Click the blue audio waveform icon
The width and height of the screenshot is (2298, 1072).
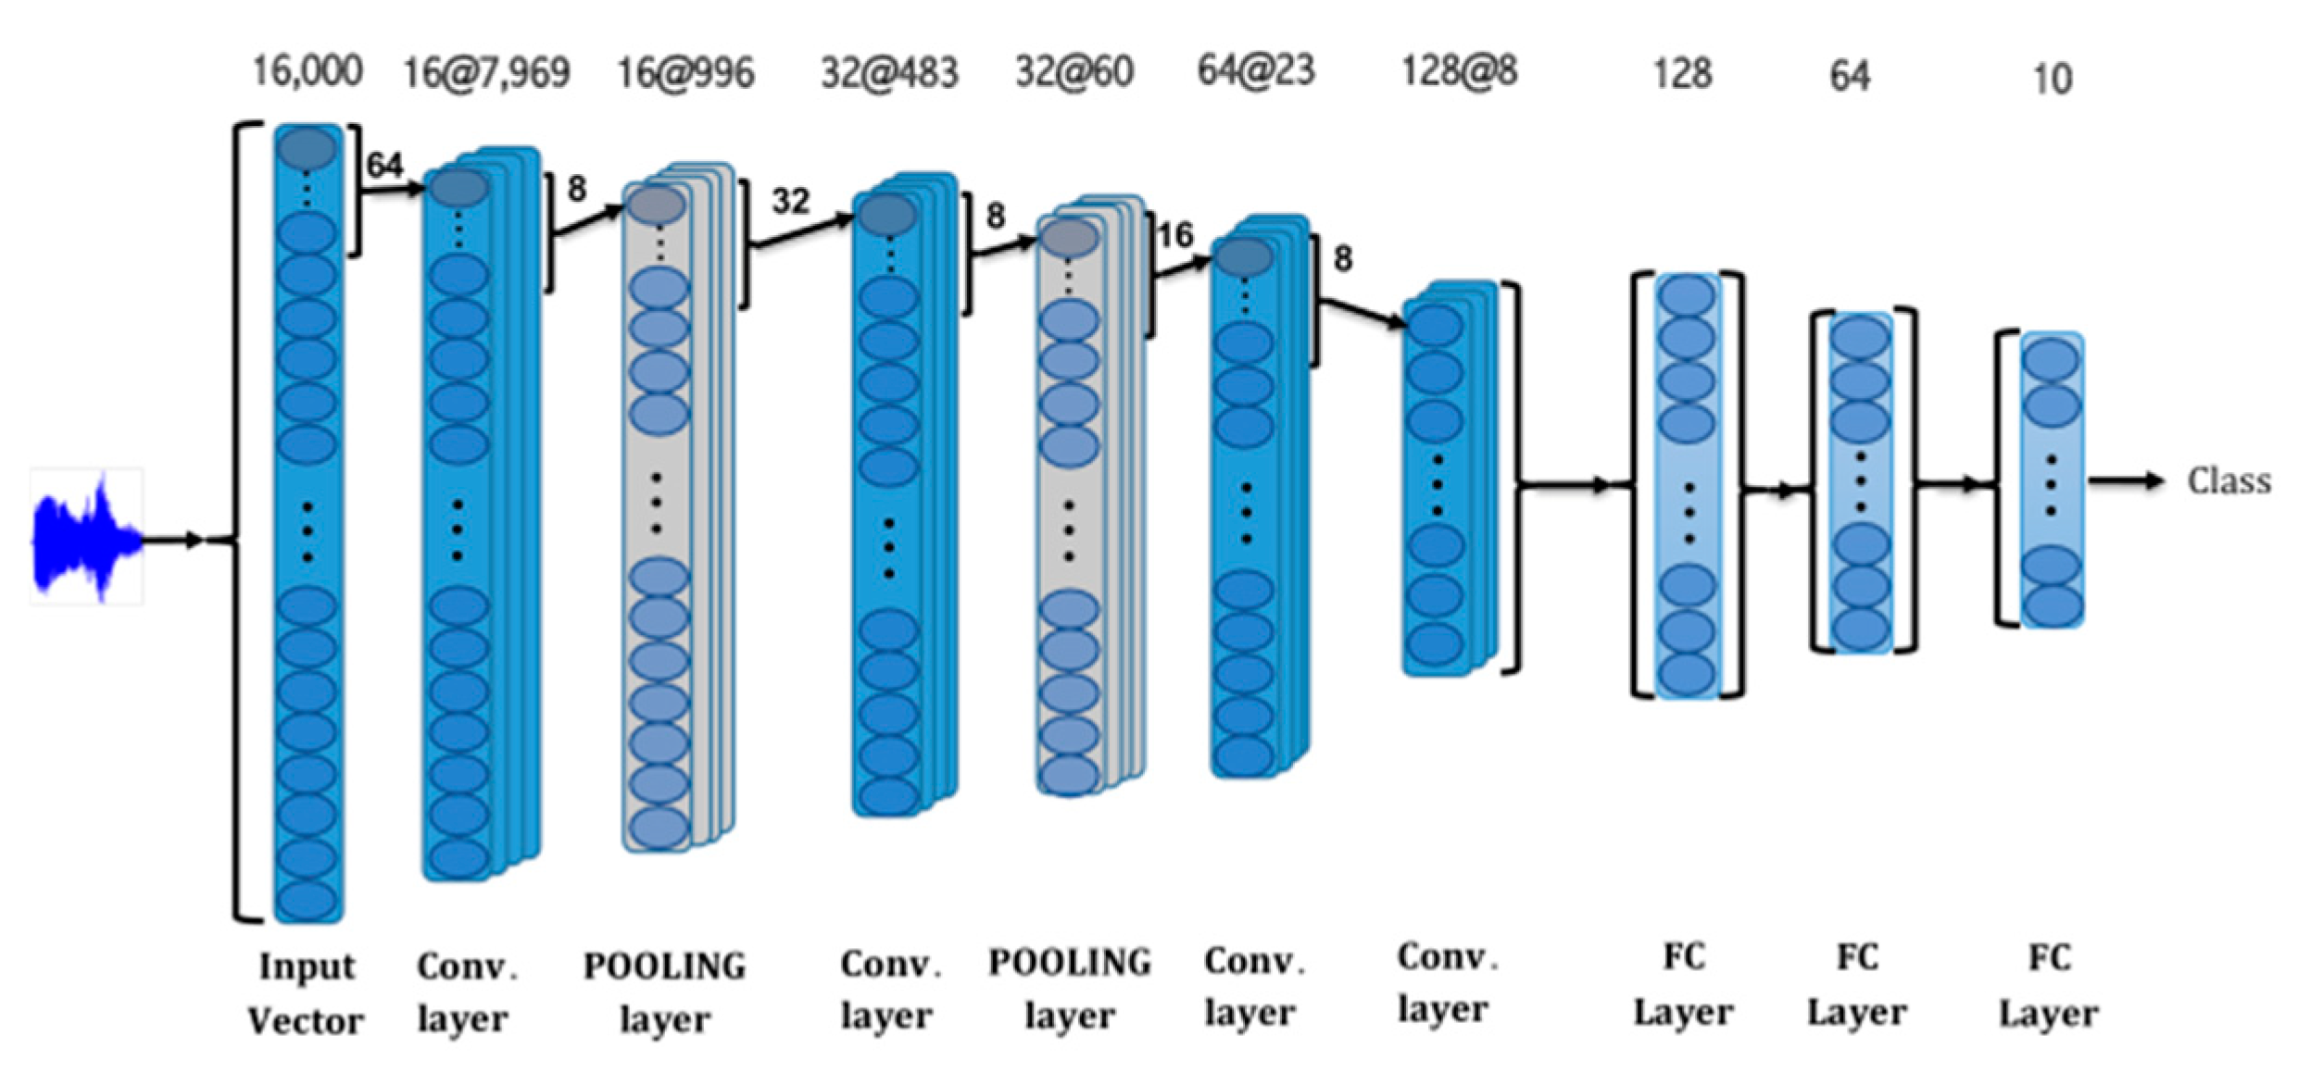[x=85, y=537]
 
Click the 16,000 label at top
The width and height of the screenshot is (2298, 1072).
[x=307, y=70]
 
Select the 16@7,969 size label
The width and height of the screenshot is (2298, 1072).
[x=486, y=72]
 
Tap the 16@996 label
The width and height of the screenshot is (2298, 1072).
[x=685, y=72]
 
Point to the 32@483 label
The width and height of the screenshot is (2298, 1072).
[x=889, y=72]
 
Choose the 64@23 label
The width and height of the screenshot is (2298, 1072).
[x=1256, y=70]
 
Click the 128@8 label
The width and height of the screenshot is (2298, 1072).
[x=1459, y=70]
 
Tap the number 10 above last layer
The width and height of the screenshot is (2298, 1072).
[x=2052, y=79]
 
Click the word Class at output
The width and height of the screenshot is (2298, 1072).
[x=2229, y=481]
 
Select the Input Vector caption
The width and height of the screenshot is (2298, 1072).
[x=306, y=992]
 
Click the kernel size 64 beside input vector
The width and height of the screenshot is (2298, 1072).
[x=384, y=165]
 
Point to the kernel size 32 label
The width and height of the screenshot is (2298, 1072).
[x=790, y=201]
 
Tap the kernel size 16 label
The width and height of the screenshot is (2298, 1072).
[x=1175, y=235]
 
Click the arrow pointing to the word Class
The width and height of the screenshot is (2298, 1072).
[x=2126, y=480]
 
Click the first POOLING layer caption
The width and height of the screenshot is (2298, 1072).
[x=664, y=991]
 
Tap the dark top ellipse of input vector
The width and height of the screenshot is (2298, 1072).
[x=307, y=148]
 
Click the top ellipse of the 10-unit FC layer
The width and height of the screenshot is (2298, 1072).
[x=2052, y=359]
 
